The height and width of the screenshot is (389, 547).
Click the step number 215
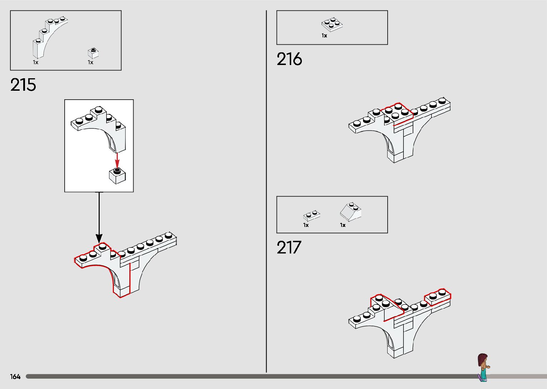click(x=23, y=85)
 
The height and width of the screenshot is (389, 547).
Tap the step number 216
click(x=289, y=59)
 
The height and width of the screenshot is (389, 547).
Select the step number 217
click(x=289, y=248)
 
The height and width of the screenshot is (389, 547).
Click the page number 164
click(x=15, y=376)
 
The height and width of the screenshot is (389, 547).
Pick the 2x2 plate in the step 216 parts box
click(x=332, y=24)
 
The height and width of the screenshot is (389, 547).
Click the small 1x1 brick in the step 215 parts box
click(x=93, y=53)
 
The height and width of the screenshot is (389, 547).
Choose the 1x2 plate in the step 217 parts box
click(x=312, y=215)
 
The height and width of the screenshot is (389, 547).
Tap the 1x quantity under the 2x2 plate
click(x=324, y=36)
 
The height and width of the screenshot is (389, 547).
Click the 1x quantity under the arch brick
click(x=36, y=63)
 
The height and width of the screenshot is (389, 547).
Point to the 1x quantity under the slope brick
click(x=343, y=225)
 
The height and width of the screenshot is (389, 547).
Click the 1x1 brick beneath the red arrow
click(x=117, y=175)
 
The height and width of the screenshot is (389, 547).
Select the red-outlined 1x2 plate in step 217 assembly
click(x=437, y=297)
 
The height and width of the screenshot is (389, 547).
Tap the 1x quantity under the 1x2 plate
click(x=306, y=225)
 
